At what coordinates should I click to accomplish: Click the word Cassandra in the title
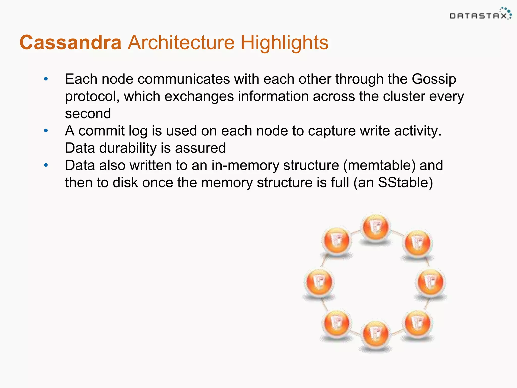click(70, 42)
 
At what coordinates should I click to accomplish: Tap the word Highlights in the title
click(285, 42)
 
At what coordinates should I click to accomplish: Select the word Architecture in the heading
click(181, 42)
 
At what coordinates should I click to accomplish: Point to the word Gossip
click(434, 79)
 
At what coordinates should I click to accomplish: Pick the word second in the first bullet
click(88, 113)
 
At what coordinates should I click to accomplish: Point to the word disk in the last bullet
click(125, 183)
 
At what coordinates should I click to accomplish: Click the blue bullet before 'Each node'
click(46, 79)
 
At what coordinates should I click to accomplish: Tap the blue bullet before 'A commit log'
click(46, 131)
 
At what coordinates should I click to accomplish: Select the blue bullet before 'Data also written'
click(46, 165)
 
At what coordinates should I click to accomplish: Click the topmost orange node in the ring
click(376, 227)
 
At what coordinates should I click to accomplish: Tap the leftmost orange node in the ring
click(319, 282)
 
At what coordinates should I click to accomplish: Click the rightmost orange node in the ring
click(431, 282)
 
